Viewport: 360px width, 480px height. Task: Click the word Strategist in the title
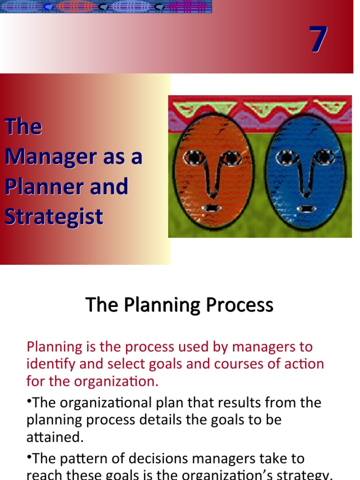coord(54,217)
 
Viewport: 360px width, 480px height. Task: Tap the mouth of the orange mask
coord(214,208)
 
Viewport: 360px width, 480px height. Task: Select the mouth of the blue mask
coord(307,208)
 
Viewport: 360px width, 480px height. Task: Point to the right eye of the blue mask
coord(324,157)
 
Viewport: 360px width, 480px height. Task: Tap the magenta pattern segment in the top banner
coord(187,7)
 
